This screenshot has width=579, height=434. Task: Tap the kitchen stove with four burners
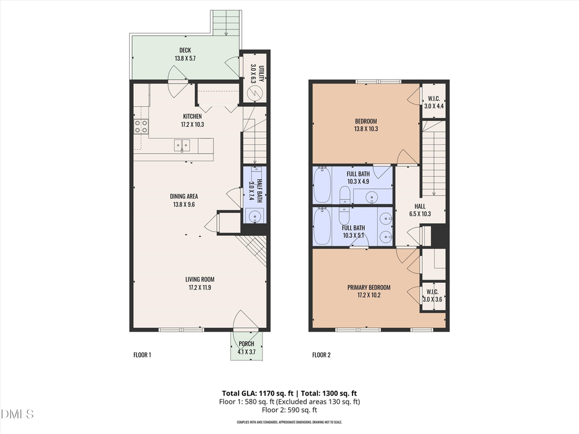click(x=141, y=126)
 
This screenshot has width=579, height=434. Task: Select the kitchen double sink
click(x=181, y=146)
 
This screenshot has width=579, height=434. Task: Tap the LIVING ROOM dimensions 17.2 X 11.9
click(x=199, y=287)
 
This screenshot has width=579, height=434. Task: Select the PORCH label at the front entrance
click(x=246, y=344)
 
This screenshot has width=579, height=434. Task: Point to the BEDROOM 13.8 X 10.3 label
click(x=365, y=125)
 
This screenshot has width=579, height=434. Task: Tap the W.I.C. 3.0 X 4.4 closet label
click(x=432, y=102)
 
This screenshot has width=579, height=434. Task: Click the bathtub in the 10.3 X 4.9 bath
click(x=322, y=185)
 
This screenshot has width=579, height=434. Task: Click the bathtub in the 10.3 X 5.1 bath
click(x=322, y=226)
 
